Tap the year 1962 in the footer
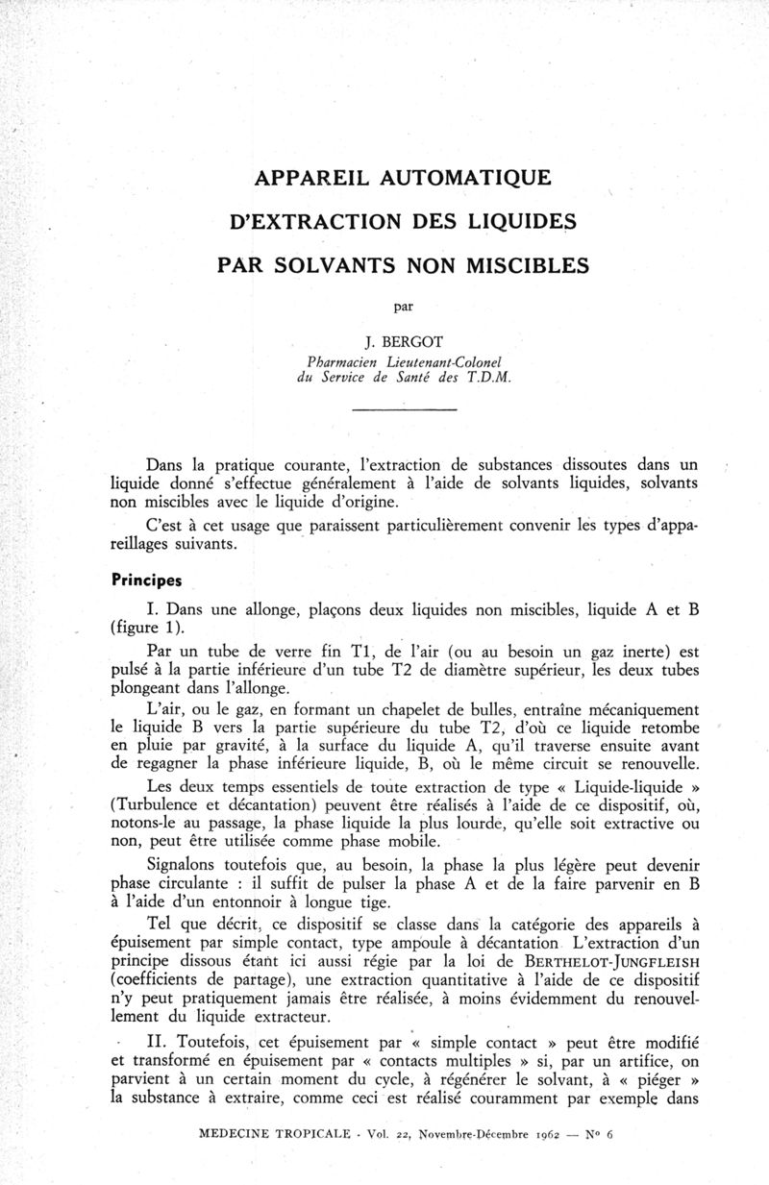point(516,1135)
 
